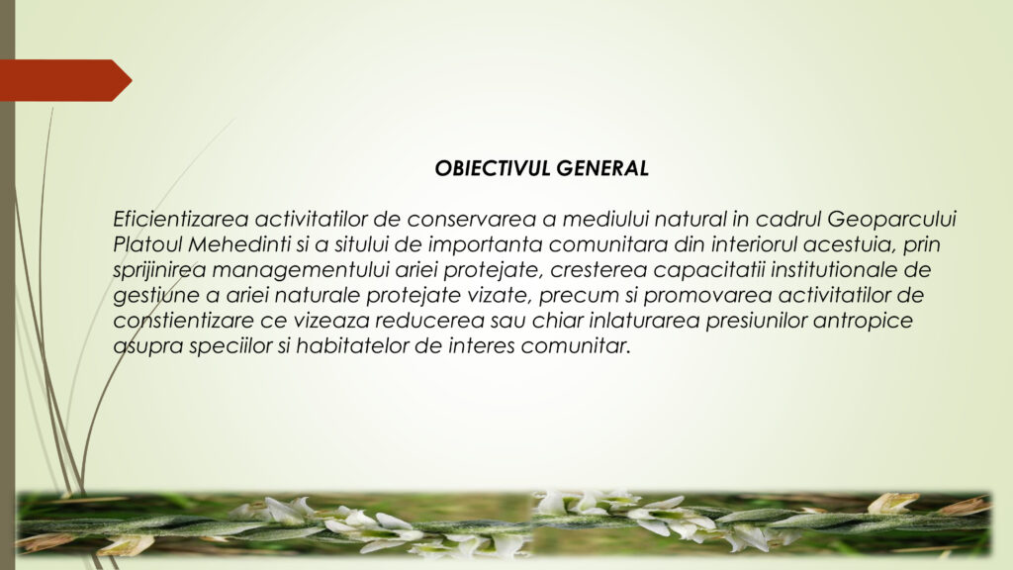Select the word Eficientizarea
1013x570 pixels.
coord(181,219)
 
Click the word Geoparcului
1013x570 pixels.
coord(891,219)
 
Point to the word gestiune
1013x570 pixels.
coord(156,296)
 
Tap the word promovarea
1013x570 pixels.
coord(707,295)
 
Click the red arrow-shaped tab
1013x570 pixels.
coord(64,80)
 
